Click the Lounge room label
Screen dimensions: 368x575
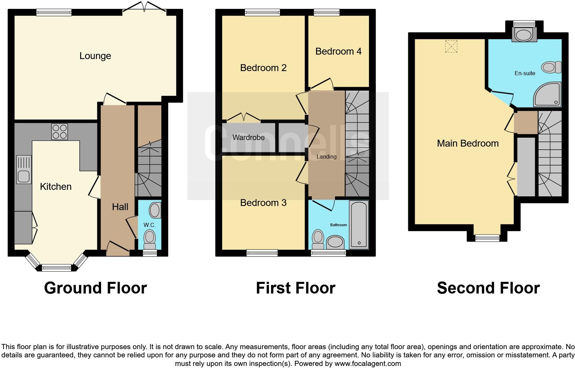95,56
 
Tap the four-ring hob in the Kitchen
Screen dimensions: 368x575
59,131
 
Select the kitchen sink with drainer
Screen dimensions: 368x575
24,170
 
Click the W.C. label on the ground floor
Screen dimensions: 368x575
149,225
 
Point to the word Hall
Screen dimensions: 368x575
120,207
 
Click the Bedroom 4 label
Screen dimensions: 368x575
338,51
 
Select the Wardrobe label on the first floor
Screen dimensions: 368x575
248,138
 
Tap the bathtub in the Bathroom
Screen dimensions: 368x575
359,225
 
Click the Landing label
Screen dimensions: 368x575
326,157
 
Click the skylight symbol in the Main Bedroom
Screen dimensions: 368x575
451,46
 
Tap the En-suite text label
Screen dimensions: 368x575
525,73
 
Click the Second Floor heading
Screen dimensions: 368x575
488,288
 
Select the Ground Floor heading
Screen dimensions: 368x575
95,288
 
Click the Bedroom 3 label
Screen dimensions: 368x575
263,203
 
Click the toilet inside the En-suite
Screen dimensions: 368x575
551,67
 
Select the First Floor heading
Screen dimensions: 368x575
295,288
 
